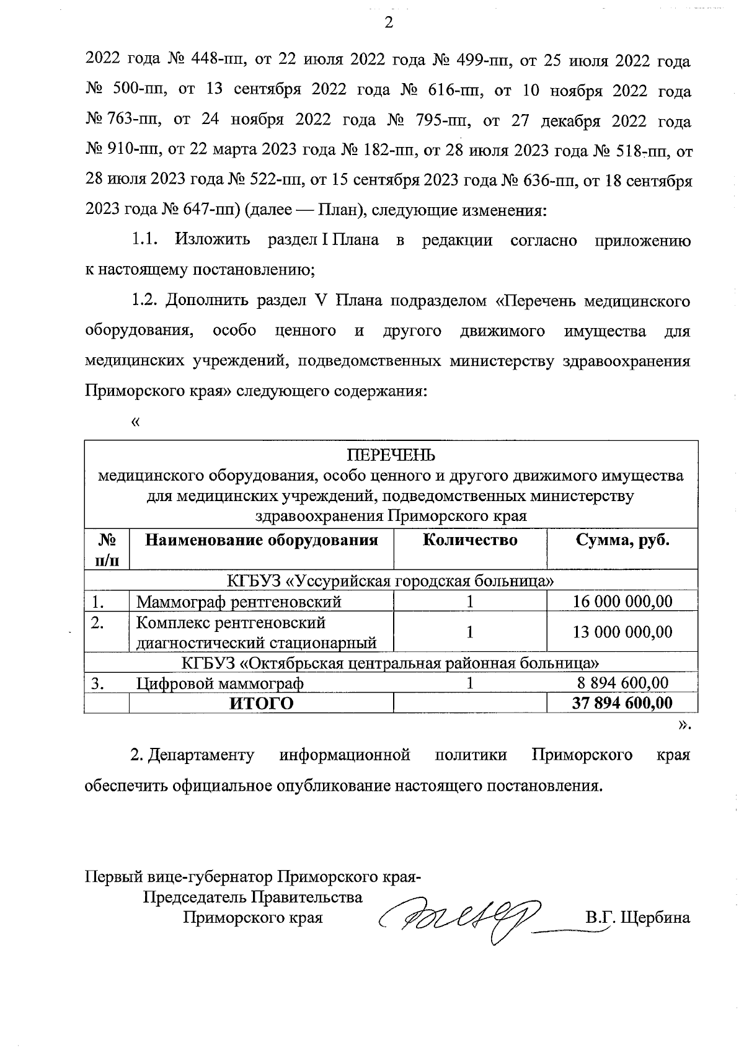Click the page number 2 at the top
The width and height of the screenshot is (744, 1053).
[389, 23]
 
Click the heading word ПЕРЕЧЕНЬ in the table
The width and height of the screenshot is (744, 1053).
[391, 455]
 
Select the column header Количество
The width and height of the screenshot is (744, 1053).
[470, 540]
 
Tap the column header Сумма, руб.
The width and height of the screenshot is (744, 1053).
[622, 540]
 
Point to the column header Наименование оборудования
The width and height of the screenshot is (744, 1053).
[261, 540]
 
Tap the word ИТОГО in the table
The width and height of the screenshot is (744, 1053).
[261, 703]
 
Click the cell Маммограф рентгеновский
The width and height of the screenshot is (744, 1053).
[239, 602]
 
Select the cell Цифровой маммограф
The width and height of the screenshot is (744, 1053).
[220, 683]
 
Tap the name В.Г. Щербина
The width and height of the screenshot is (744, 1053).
[637, 917]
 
